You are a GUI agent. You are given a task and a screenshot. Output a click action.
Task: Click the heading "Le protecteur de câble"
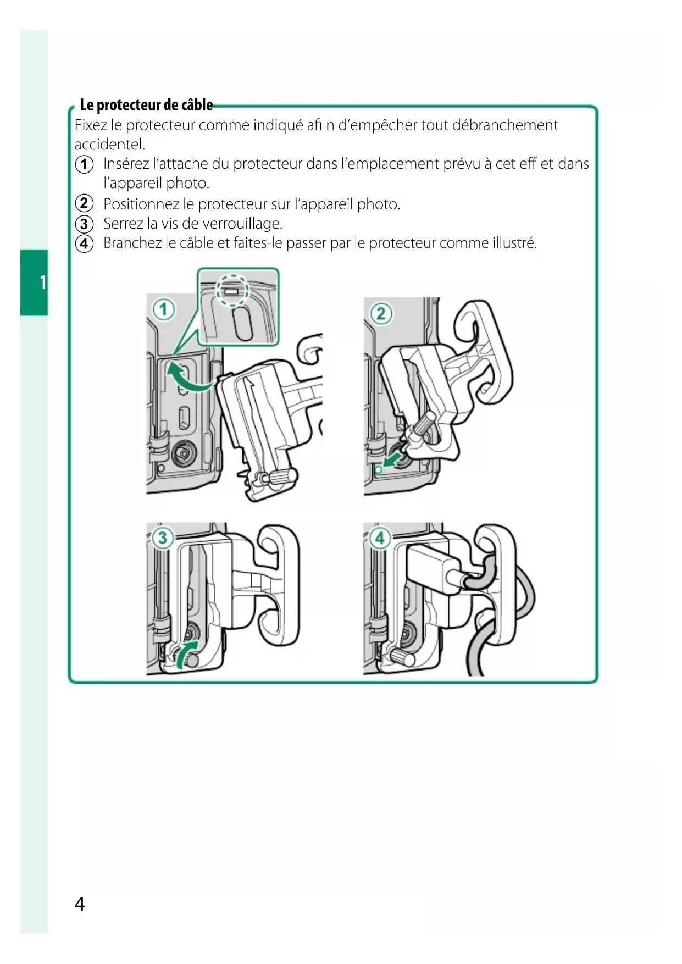pyautogui.click(x=146, y=104)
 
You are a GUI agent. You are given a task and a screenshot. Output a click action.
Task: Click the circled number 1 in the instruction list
pyautogui.click(x=84, y=164)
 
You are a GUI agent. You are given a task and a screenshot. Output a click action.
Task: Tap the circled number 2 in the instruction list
pyautogui.click(x=84, y=204)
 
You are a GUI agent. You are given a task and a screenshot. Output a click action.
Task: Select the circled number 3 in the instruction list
pyautogui.click(x=84, y=224)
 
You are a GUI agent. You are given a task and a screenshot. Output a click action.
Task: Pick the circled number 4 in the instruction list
pyautogui.click(x=84, y=243)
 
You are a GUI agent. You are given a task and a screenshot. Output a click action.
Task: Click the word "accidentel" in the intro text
pyautogui.click(x=109, y=145)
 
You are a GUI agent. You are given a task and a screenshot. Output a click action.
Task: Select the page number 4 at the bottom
pyautogui.click(x=80, y=904)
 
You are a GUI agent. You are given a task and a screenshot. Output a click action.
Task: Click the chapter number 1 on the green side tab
pyautogui.click(x=42, y=282)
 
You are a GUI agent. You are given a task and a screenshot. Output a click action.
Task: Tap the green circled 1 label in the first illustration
pyautogui.click(x=163, y=310)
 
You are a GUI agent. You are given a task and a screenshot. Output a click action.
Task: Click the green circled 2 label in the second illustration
pyautogui.click(x=381, y=314)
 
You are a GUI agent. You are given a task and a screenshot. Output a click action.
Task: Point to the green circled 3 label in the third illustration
pyautogui.click(x=163, y=537)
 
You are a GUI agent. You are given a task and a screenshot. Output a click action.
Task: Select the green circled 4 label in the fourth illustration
pyautogui.click(x=380, y=537)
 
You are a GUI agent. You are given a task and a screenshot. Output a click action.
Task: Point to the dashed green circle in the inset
pyautogui.click(x=232, y=289)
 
